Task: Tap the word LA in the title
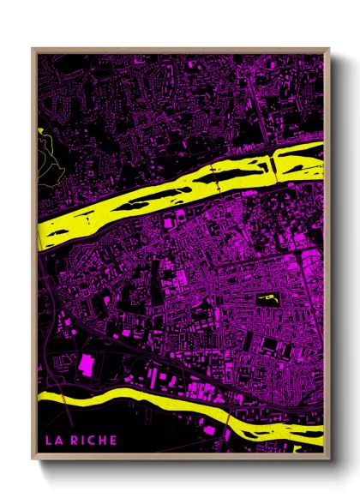click(54, 441)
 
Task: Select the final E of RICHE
click(113, 441)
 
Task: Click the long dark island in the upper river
click(231, 175)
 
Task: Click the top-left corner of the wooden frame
click(33, 49)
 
